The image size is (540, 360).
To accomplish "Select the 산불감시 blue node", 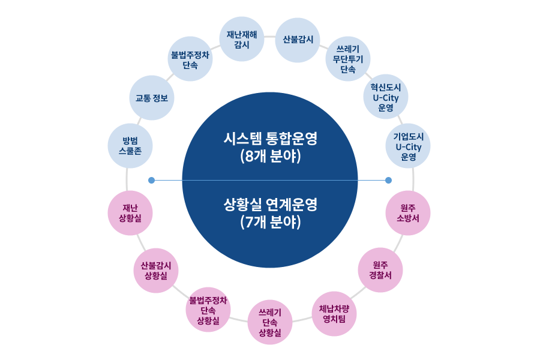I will coord(298,40).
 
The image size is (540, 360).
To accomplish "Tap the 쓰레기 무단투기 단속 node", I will coord(348,59).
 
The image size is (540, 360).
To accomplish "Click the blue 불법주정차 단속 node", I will coord(190,59).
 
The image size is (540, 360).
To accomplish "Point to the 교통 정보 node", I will coord(151,98).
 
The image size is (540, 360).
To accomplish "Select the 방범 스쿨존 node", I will coord(130,146).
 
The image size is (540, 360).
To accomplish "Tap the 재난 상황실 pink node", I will coord(130,213).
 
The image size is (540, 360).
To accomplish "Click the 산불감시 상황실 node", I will coord(155,271).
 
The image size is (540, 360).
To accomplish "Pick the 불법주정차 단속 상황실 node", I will coord(208,310).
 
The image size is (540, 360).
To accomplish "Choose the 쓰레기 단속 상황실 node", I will coord(270,322).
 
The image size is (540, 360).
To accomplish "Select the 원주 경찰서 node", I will coord(380,270).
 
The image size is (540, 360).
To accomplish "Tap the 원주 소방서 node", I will coord(407,213).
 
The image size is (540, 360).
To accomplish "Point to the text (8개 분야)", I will coord(270,158).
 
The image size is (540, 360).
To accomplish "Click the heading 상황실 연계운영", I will coord(270,204).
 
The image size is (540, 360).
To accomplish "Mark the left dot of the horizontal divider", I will coord(151,179).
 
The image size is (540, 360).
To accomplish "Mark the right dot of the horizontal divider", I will coord(388,179).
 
